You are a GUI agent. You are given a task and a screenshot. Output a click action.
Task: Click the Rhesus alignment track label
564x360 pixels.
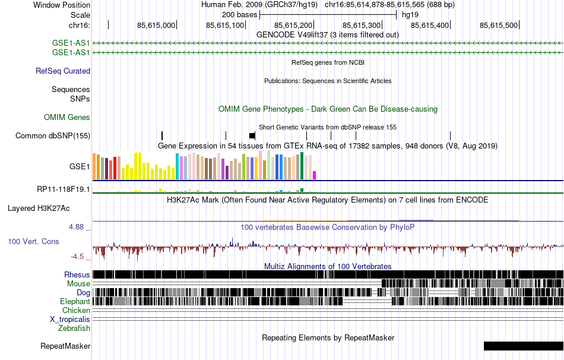(77, 274)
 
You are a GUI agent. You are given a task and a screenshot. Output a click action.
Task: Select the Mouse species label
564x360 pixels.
(78, 283)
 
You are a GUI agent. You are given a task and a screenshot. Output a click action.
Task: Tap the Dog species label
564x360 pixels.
(83, 292)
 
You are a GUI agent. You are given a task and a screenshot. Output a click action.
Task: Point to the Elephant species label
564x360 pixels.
(75, 301)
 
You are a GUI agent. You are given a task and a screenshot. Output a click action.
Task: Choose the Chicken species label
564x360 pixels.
(77, 310)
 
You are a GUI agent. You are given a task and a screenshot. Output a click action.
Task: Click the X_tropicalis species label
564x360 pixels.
(70, 319)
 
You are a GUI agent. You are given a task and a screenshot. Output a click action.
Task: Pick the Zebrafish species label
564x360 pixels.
(74, 328)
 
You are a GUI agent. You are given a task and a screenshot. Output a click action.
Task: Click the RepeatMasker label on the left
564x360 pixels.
(65, 346)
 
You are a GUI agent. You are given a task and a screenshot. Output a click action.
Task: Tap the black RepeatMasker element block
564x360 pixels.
(523, 346)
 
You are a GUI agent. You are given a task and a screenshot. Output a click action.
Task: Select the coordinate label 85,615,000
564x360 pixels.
(156, 25)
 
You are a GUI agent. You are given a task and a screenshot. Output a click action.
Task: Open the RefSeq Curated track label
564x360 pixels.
(63, 71)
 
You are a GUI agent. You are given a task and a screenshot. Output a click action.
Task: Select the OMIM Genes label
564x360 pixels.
(67, 118)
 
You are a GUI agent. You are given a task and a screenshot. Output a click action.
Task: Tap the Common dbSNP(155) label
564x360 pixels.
(53, 135)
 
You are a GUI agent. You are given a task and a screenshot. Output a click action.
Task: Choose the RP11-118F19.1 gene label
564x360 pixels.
(64, 189)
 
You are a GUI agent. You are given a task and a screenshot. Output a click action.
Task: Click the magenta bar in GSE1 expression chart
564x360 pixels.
(315, 175)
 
